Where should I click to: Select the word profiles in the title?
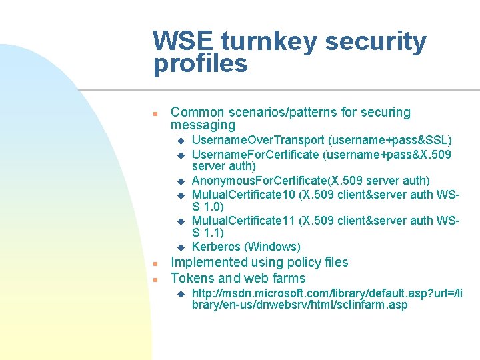click(200, 65)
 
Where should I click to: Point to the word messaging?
click(203, 125)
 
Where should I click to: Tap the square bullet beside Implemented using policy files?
click(155, 263)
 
